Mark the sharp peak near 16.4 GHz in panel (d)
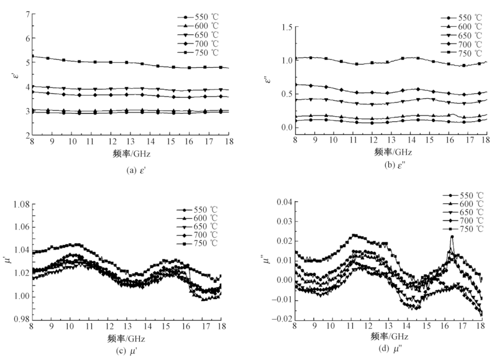[x=452, y=236]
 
